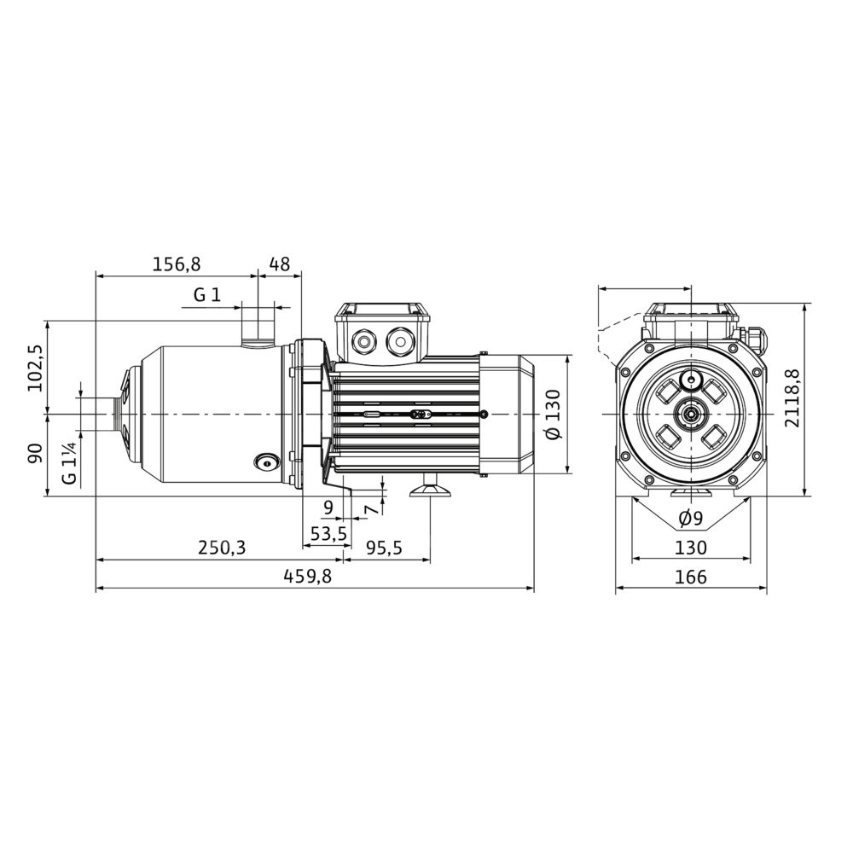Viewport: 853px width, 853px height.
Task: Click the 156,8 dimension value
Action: (x=177, y=264)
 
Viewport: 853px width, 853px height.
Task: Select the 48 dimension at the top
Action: (x=280, y=264)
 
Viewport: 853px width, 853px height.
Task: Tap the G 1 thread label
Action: (x=207, y=295)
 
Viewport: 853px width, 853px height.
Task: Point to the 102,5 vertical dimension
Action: (x=36, y=368)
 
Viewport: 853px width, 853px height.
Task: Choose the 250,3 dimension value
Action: (x=222, y=548)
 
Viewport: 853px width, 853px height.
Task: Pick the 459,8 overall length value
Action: (x=307, y=576)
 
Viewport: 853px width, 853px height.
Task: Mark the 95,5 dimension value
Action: (x=384, y=548)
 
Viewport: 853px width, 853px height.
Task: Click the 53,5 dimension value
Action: (x=328, y=534)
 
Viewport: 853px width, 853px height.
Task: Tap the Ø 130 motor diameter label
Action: (x=553, y=415)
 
